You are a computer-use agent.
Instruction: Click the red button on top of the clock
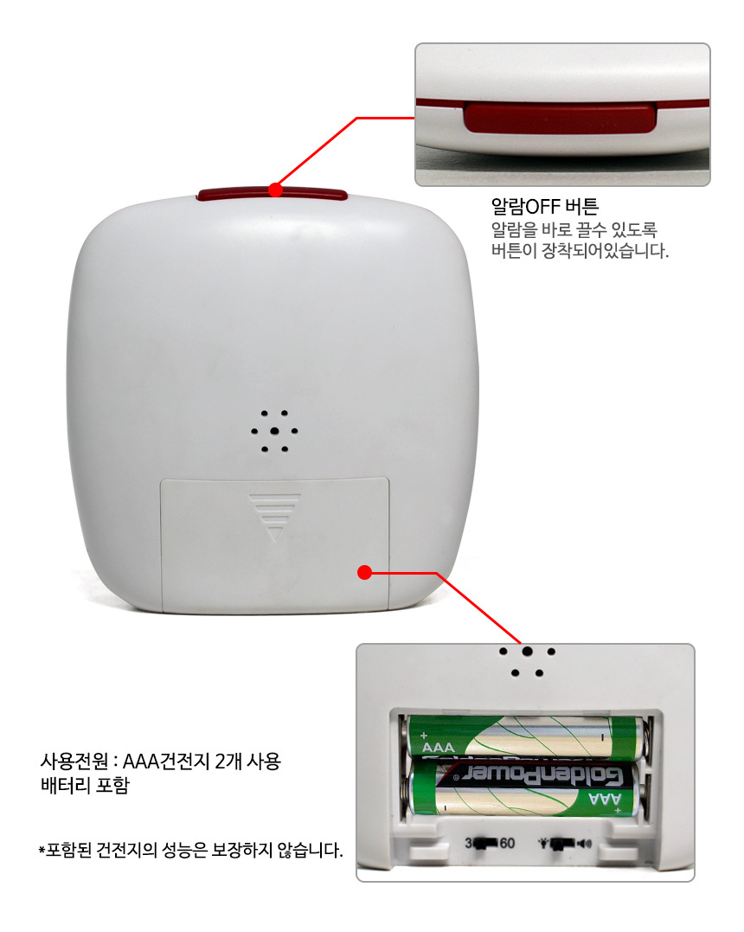coord(273,194)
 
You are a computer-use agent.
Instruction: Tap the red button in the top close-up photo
coord(560,117)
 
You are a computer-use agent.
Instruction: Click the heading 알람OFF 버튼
coord(544,206)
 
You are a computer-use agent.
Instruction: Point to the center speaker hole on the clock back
coord(274,431)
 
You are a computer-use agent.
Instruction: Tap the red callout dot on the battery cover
coord(365,572)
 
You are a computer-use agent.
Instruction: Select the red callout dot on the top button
coord(275,190)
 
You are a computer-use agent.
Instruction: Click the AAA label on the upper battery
coord(438,747)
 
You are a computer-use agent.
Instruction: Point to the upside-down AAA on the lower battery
coord(605,798)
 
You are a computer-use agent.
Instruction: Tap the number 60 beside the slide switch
coord(507,843)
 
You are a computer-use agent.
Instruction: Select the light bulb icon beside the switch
coord(543,843)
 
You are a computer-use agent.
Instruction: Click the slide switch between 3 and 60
coord(485,844)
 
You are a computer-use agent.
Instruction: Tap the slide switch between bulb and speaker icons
coord(562,844)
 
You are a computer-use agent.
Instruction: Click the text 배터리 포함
coord(85,785)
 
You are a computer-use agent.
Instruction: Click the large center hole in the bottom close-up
coord(527,651)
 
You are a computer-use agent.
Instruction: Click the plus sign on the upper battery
coord(424,736)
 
